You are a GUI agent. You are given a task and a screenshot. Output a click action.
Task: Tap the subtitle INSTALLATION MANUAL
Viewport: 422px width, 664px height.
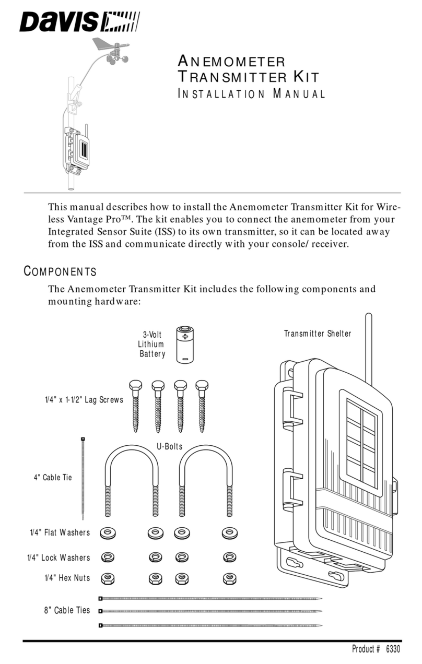click(252, 94)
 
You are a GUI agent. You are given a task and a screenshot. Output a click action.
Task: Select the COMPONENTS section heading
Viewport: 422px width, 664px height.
click(60, 271)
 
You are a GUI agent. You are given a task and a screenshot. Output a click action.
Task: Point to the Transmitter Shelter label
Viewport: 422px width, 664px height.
click(317, 334)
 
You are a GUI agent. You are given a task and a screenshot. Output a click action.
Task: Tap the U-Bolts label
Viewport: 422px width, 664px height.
click(169, 446)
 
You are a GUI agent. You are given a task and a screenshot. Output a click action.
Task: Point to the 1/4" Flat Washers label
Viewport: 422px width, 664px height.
click(60, 532)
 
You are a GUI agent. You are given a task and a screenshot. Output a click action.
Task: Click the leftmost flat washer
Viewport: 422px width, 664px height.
click(108, 533)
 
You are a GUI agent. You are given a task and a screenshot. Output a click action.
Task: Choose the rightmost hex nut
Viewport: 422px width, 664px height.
click(228, 578)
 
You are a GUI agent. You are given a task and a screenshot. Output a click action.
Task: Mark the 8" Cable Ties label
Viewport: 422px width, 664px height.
click(67, 610)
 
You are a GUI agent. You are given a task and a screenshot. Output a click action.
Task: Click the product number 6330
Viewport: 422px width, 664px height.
click(392, 649)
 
